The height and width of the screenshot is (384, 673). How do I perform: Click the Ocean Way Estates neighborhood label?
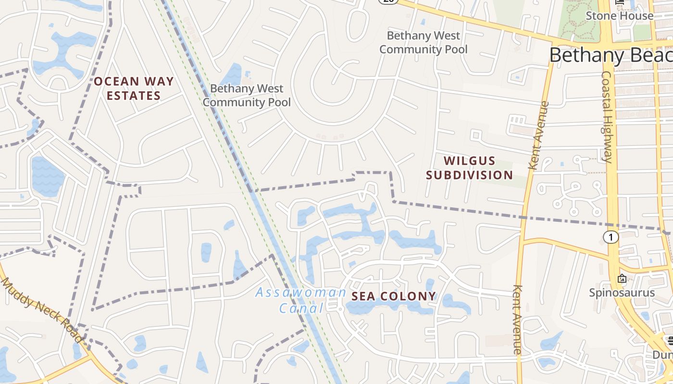[x=134, y=88]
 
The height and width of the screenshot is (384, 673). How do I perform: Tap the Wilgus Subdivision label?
[x=469, y=168]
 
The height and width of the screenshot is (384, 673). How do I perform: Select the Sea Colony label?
[x=394, y=296]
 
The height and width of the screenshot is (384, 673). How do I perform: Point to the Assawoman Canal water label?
[x=301, y=300]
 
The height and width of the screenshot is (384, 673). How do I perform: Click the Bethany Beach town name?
[x=611, y=55]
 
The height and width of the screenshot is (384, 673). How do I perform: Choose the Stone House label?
[x=619, y=16]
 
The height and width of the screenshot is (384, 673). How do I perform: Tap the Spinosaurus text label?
[x=622, y=292]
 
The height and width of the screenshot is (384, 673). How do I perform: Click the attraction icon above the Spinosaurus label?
[x=622, y=278]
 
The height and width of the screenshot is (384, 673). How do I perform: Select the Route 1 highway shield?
[x=611, y=237]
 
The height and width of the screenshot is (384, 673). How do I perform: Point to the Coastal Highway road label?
[x=607, y=117]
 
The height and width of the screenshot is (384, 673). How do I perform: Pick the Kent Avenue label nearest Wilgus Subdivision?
[x=538, y=135]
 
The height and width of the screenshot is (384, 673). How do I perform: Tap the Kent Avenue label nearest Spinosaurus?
[x=517, y=320]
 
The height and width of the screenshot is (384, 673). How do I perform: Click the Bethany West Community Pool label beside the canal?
[x=247, y=95]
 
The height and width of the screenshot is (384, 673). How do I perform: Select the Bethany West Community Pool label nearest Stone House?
[x=423, y=42]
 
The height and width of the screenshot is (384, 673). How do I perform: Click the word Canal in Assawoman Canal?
[x=302, y=308]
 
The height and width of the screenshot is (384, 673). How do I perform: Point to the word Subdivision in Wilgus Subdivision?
[x=469, y=175]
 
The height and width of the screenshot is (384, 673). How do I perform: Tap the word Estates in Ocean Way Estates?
[x=134, y=96]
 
